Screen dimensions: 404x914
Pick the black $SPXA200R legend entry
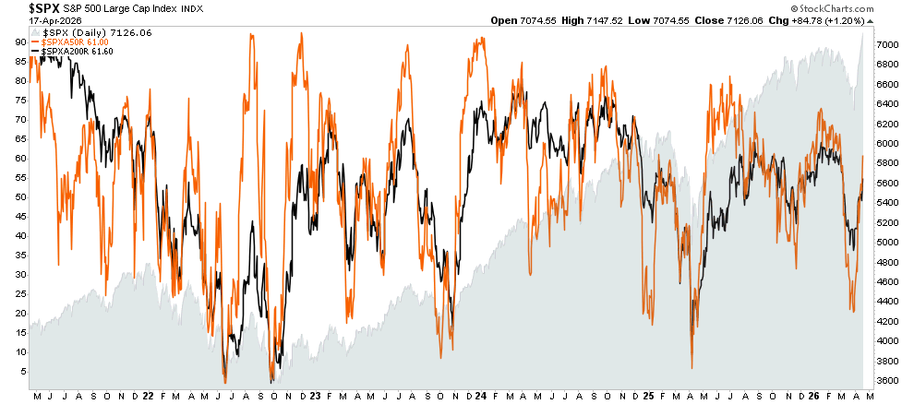(x=68, y=52)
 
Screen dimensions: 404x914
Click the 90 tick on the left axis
(x=18, y=42)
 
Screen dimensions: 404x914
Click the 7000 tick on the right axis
(x=886, y=45)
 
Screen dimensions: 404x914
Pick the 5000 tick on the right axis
(x=886, y=243)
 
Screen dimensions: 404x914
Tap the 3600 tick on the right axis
(x=886, y=380)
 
